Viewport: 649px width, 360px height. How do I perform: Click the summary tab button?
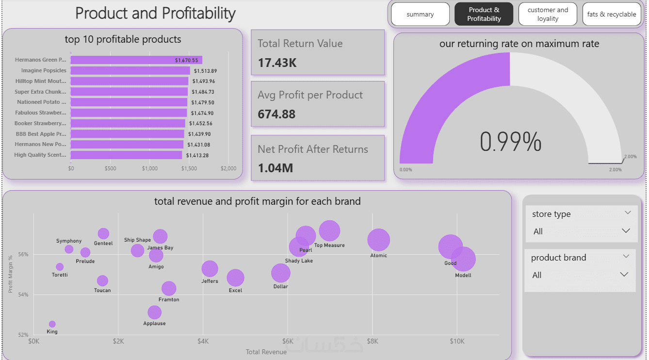(x=420, y=15)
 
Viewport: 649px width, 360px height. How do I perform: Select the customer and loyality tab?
(x=548, y=15)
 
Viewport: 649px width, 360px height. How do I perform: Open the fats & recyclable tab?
(x=611, y=15)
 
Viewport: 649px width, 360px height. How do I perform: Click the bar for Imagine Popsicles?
(x=130, y=71)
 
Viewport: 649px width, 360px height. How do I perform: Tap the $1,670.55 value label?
(x=187, y=60)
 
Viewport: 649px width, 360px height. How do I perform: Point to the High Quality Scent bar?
(x=126, y=155)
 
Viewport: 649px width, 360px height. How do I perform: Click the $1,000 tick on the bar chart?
(x=150, y=169)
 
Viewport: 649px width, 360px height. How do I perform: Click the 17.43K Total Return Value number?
(x=277, y=63)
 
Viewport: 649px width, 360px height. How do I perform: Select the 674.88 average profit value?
(x=276, y=115)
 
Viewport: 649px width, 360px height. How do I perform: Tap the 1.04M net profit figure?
(x=276, y=168)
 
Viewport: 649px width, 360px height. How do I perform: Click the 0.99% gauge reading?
(x=510, y=142)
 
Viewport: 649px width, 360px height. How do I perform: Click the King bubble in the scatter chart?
(x=52, y=324)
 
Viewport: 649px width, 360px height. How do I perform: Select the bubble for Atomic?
(x=378, y=240)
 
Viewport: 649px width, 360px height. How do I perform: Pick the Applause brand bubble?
(x=154, y=312)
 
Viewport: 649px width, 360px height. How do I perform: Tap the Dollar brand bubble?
(x=280, y=273)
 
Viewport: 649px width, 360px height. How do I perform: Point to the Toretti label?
(x=60, y=275)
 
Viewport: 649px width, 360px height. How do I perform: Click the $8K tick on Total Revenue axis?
(x=373, y=342)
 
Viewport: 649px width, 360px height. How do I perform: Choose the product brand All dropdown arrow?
(x=624, y=275)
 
